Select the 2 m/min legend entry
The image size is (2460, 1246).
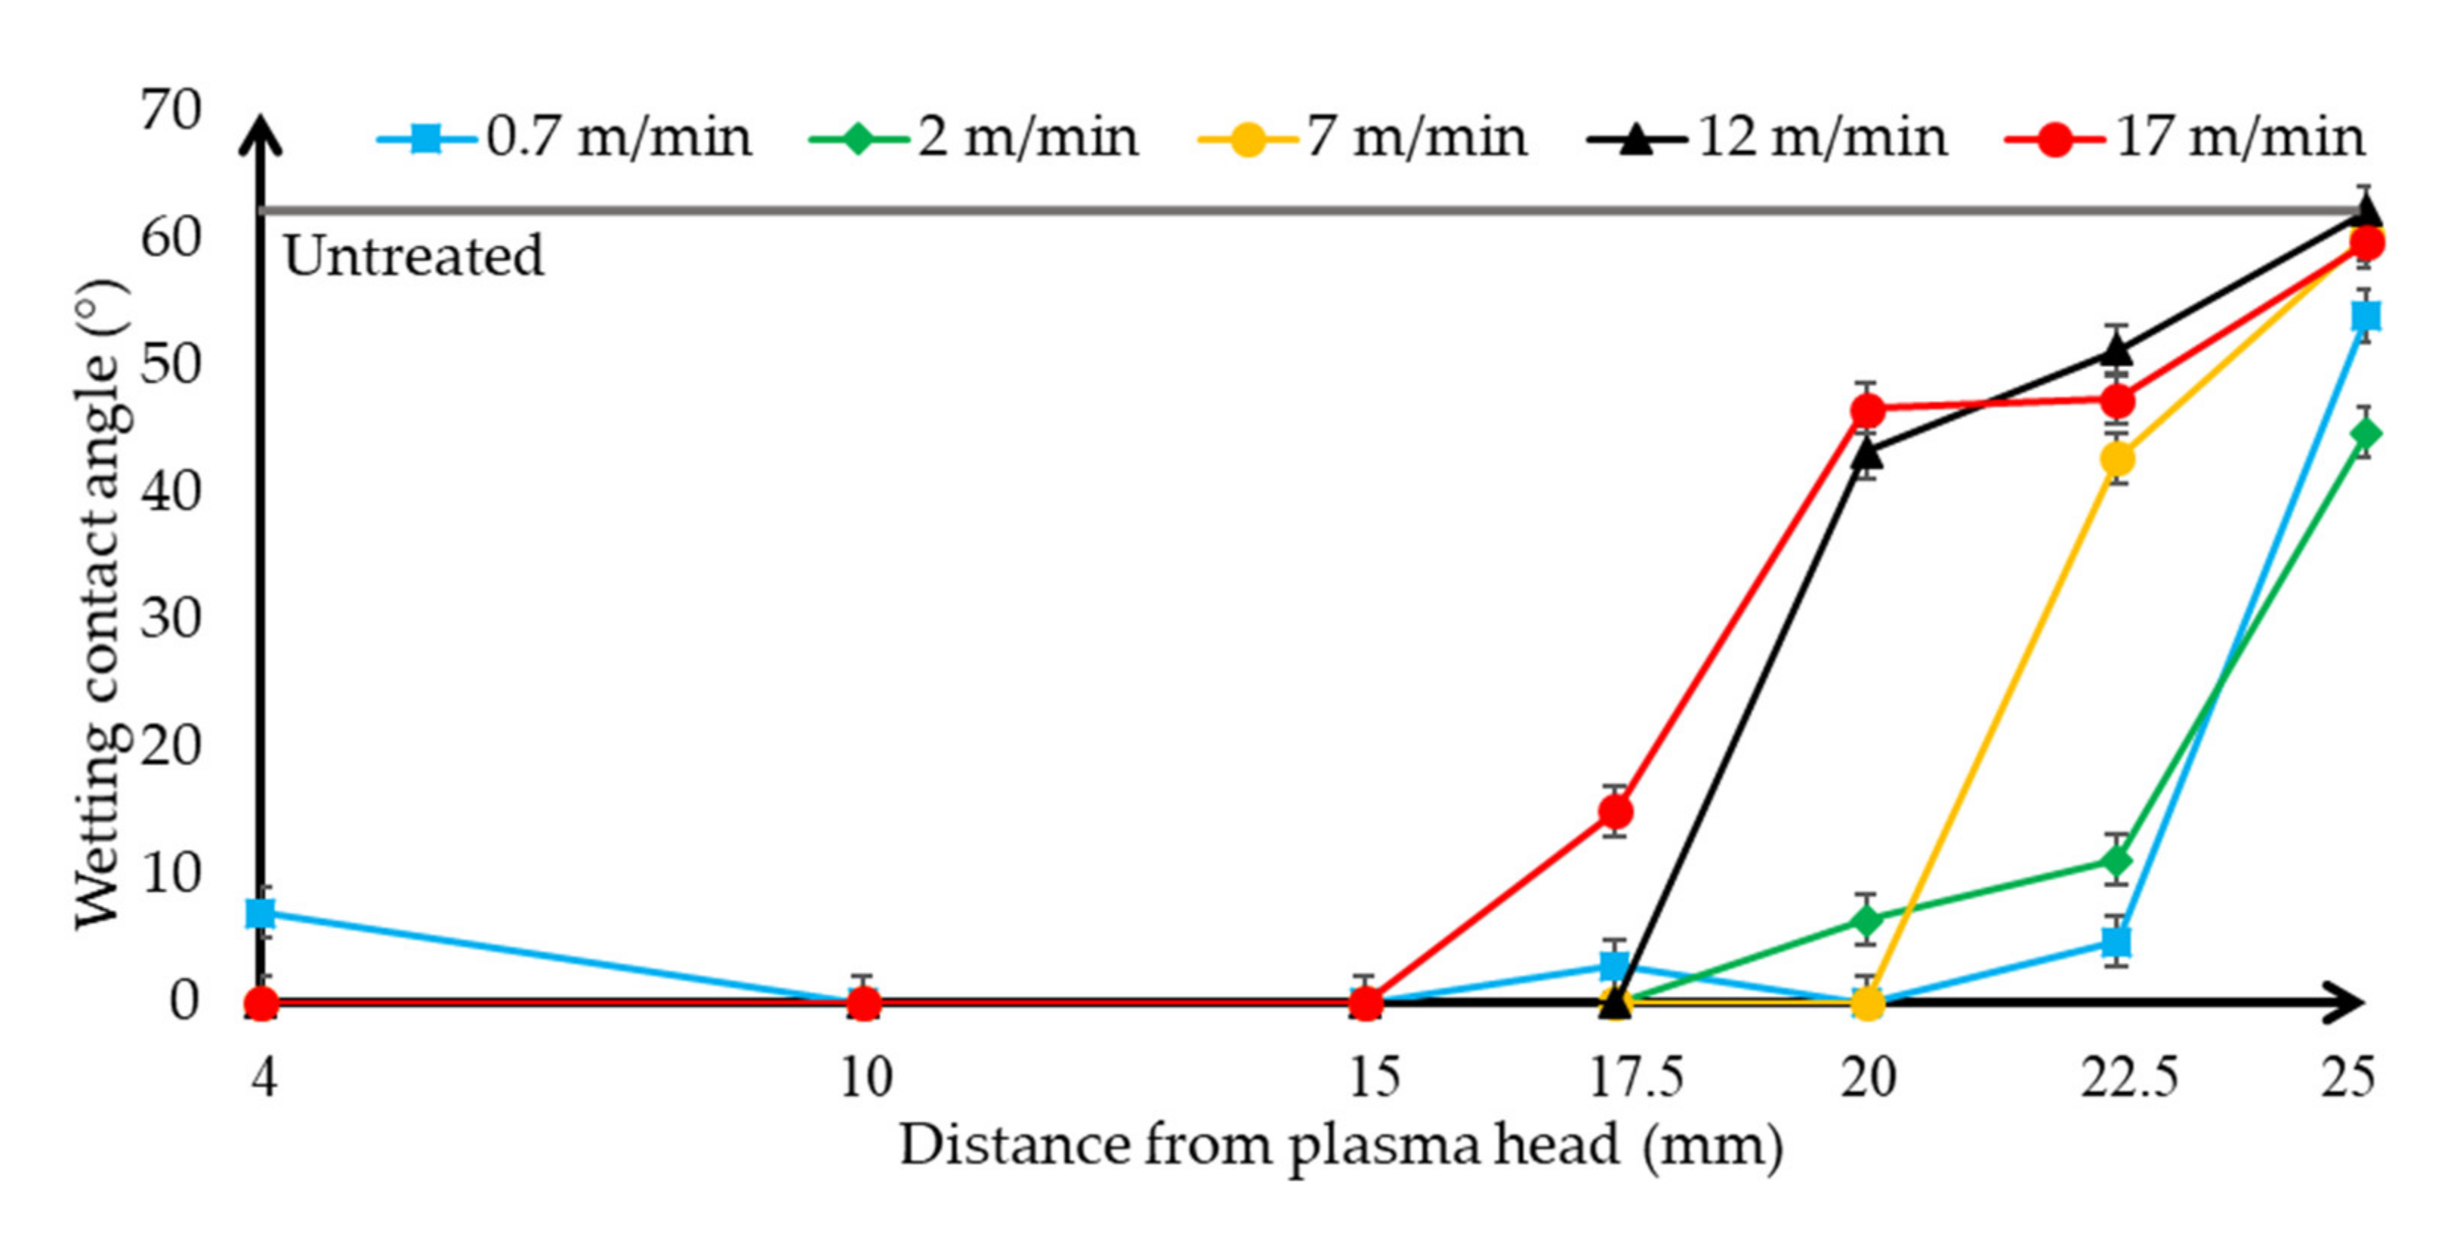(x=974, y=138)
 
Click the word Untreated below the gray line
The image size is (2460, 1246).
(x=413, y=256)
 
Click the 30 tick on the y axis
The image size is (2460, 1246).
(x=172, y=618)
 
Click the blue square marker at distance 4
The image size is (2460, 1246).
(x=261, y=914)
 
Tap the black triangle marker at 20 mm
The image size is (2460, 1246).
(x=1868, y=454)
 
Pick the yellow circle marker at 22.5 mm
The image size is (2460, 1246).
(x=2117, y=459)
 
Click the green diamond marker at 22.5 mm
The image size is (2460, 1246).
(x=2117, y=861)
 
